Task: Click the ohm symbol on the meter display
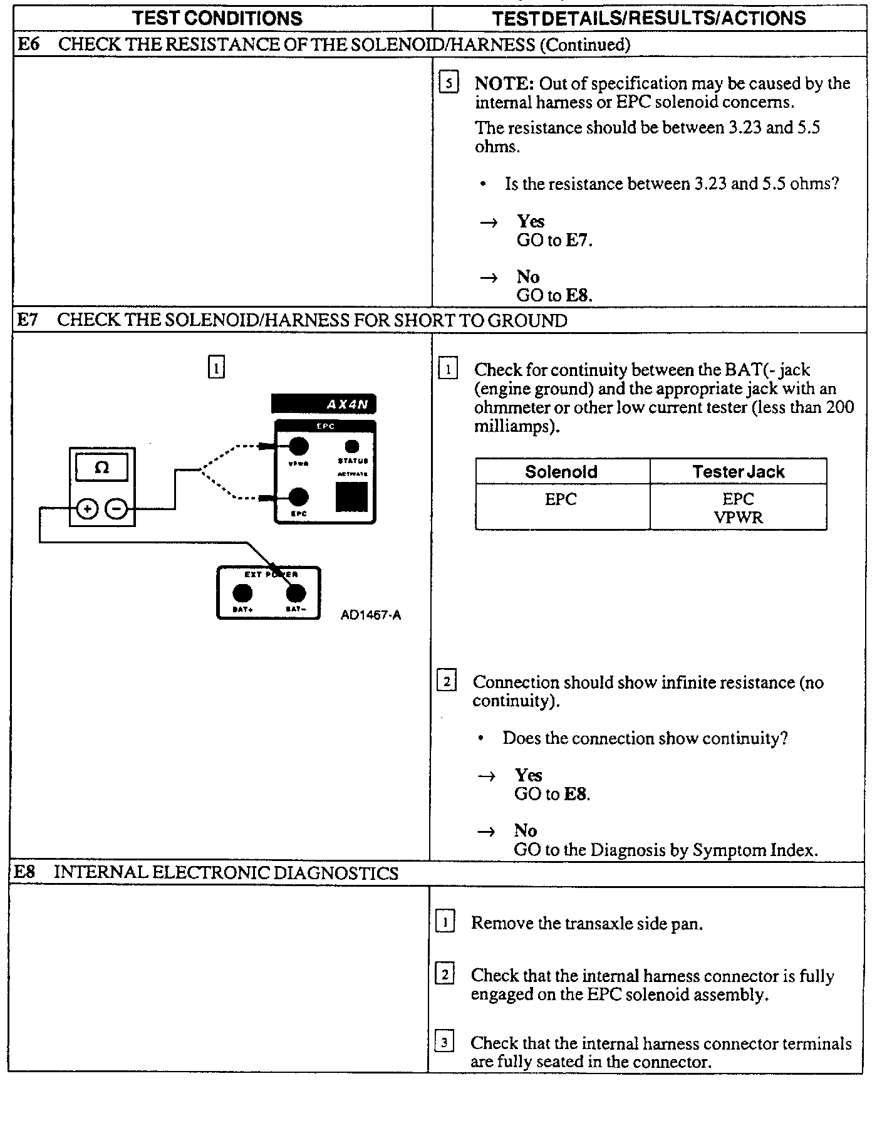point(101,467)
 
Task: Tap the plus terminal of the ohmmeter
point(86,509)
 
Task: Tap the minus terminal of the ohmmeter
point(115,509)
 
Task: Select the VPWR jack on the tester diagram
point(298,447)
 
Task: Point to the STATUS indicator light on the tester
point(352,446)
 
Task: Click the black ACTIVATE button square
point(351,496)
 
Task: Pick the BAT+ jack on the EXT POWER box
point(242,593)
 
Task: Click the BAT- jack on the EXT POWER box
point(295,593)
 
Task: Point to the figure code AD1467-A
point(371,615)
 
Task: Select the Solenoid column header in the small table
point(561,471)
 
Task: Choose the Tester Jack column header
point(738,471)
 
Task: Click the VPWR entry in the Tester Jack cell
point(738,518)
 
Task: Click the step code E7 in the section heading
point(28,320)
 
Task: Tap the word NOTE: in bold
point(504,83)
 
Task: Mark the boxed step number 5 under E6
point(449,83)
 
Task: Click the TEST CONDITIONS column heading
point(217,18)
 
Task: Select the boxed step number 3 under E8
point(444,1043)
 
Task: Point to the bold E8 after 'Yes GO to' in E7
point(576,794)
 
